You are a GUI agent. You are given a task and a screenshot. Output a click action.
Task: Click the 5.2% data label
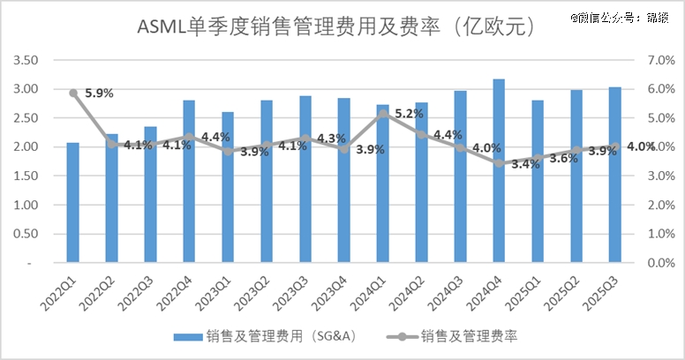click(410, 114)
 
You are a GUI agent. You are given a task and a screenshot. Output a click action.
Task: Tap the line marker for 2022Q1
click(73, 93)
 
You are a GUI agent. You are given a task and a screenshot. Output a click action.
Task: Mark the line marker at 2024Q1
click(382, 113)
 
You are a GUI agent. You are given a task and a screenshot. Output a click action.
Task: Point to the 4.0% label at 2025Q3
click(641, 146)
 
